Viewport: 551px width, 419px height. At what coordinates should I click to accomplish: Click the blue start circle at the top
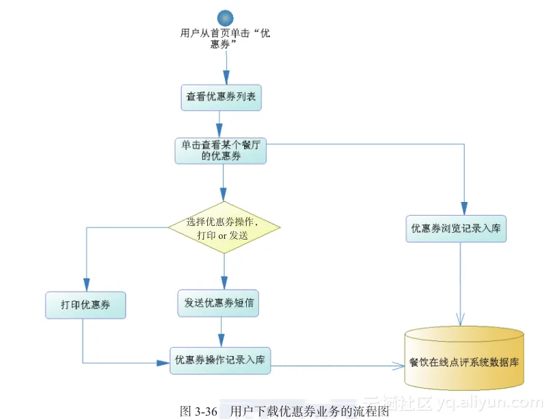coord(226,16)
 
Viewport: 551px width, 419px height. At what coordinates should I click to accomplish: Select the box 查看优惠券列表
coord(221,97)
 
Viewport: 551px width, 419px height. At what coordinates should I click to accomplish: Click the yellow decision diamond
coord(225,227)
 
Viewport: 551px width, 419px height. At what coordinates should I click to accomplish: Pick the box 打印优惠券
coord(86,305)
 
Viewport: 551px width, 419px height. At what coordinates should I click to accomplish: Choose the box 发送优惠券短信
coord(219,303)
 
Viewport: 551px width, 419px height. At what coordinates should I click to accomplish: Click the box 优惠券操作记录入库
coord(220,360)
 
